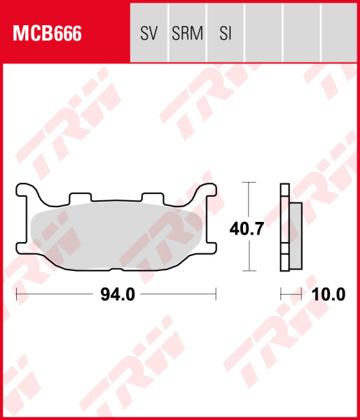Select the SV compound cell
coord(148,33)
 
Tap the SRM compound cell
coord(187,33)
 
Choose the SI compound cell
coord(225,33)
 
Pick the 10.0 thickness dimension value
coord(328,295)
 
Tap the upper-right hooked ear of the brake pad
coord(210,190)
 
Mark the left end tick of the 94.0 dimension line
coord(16,295)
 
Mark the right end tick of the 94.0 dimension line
coord(216,295)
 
